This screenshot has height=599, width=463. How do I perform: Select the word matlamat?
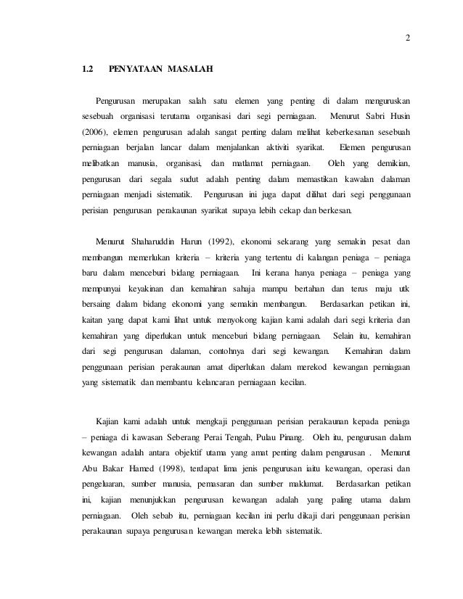pos(242,163)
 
